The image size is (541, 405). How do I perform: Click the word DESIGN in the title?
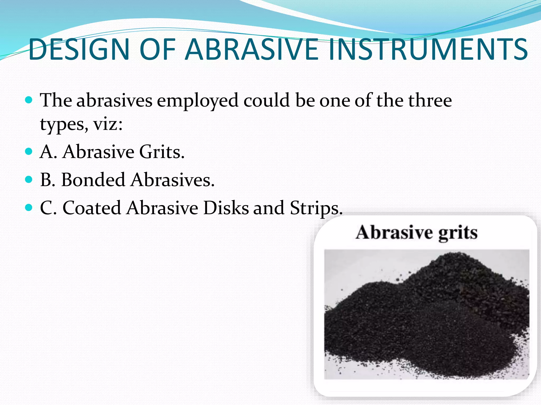tap(79, 50)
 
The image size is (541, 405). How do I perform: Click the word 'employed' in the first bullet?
tap(198, 101)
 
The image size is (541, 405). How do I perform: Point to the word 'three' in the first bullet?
tap(430, 100)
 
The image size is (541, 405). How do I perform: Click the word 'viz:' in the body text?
tap(108, 124)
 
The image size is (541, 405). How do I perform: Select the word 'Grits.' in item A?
tap(162, 152)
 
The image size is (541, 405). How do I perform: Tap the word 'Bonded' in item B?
tap(93, 180)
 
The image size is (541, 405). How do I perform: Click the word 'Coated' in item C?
tap(92, 208)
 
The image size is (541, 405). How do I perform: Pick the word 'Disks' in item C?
tap(226, 208)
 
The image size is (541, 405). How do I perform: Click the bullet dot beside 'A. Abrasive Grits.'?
tap(29, 152)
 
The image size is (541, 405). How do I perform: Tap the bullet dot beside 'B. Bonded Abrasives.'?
tap(29, 180)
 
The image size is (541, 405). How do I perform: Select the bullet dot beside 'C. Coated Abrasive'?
tap(29, 208)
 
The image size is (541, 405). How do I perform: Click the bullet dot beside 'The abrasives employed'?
tap(29, 100)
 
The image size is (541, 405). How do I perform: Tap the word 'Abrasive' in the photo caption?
tap(394, 233)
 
